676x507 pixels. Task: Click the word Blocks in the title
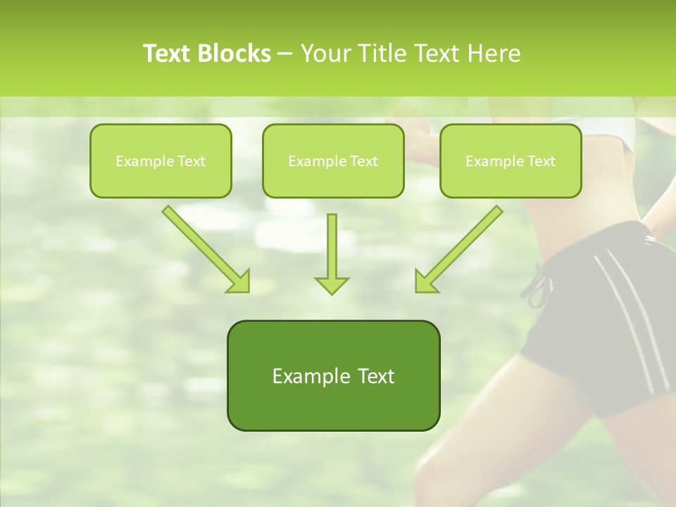click(x=234, y=54)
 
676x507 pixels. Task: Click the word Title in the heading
click(x=380, y=54)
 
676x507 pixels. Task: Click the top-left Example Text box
click(x=161, y=161)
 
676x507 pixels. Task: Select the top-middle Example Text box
click(x=333, y=161)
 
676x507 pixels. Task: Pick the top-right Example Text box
click(x=511, y=161)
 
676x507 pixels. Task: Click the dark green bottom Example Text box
click(x=333, y=375)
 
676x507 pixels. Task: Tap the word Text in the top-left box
click(x=191, y=161)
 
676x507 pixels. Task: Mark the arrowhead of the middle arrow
click(x=332, y=284)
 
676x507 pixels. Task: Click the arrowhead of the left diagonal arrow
click(x=239, y=281)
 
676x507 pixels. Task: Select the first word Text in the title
click(x=168, y=54)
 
